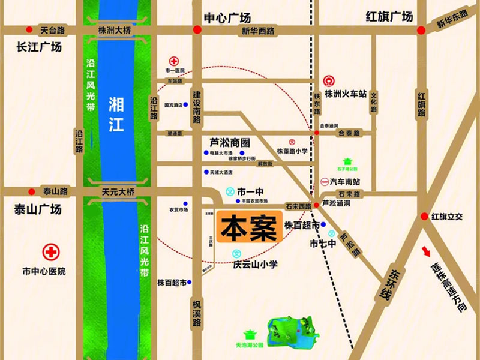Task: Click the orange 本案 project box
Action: pyautogui.click(x=248, y=227)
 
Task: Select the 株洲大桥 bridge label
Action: pyautogui.click(x=116, y=30)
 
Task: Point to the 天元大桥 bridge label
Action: pyautogui.click(x=118, y=191)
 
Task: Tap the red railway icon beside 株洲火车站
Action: pyautogui.click(x=329, y=81)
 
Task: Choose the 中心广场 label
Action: pyautogui.click(x=227, y=17)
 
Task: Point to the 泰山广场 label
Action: pyautogui.click(x=37, y=209)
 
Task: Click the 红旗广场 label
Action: pyautogui.click(x=390, y=17)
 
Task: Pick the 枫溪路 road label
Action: pyautogui.click(x=197, y=313)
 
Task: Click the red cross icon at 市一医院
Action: pyautogui.click(x=174, y=61)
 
